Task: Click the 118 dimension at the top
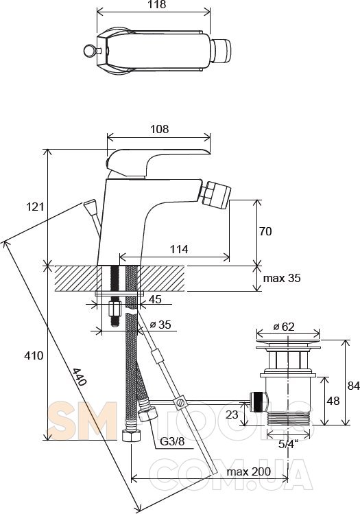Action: coord(157,5)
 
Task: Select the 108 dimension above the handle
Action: coord(160,129)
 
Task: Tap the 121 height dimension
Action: coord(35,207)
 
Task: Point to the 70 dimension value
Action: coord(265,231)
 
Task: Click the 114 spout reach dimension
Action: coord(179,250)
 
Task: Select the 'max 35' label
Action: coord(282,279)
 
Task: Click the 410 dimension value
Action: coord(34,355)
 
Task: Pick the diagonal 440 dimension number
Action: coord(80,377)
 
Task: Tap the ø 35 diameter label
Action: coord(160,325)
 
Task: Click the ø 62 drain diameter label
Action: coord(284,327)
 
